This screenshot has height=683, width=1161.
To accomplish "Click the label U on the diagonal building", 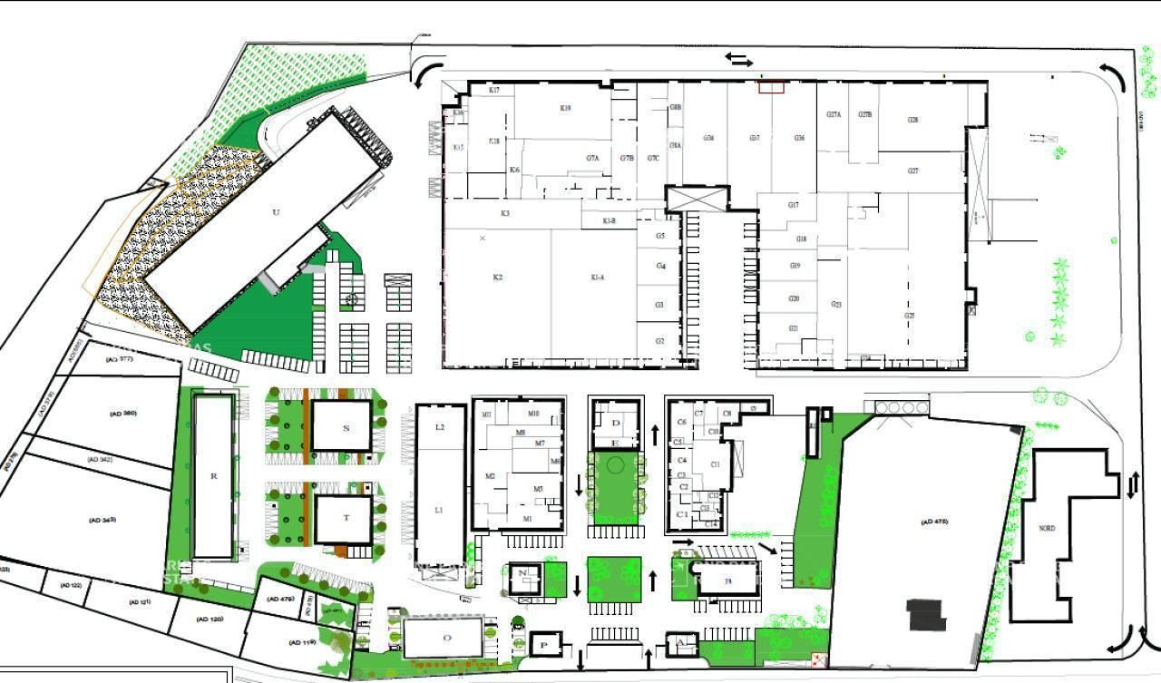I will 276,212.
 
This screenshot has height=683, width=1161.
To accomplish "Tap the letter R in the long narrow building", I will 213,475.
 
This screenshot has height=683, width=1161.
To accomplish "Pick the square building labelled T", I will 346,518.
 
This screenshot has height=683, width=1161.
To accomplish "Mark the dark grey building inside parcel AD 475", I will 927,614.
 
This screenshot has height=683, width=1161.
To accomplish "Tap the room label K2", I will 497,277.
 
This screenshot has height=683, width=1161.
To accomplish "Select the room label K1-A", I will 597,277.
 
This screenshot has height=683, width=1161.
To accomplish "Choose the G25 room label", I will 909,315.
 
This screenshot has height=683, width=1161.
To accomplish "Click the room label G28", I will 912,120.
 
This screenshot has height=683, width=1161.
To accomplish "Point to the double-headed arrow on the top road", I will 738,60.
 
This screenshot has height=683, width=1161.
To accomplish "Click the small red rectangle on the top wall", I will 771,86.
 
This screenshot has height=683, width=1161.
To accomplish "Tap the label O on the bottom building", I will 446,638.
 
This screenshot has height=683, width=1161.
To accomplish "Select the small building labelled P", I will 544,644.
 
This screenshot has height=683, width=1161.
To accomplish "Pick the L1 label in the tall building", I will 439,511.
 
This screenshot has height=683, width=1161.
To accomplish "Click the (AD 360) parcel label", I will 123,414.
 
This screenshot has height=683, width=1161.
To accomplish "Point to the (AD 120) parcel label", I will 210,619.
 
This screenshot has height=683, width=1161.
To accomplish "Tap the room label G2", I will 661,340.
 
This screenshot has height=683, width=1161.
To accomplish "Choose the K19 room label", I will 565,108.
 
